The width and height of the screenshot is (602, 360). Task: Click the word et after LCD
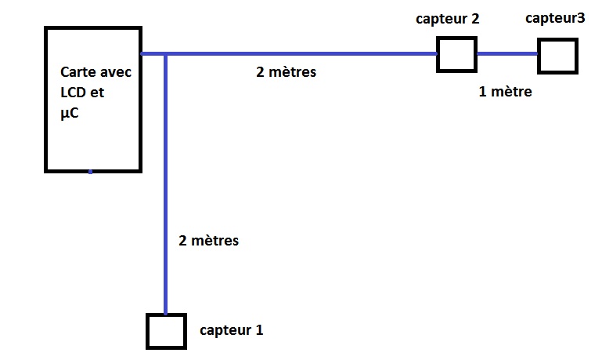pyautogui.click(x=98, y=92)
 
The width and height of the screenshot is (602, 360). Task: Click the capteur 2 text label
pyautogui.click(x=447, y=19)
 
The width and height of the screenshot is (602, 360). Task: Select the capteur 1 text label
pyautogui.click(x=231, y=330)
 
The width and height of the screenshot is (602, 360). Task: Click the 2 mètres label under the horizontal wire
pyautogui.click(x=286, y=72)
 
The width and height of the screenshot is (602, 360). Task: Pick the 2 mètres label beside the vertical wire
pyautogui.click(x=208, y=241)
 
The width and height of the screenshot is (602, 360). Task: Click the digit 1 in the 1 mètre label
pyautogui.click(x=482, y=92)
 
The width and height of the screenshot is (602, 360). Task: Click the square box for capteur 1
pyautogui.click(x=166, y=331)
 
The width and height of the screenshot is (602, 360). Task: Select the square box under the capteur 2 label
pyautogui.click(x=456, y=54)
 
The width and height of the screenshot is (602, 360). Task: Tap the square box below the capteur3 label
pyautogui.click(x=557, y=55)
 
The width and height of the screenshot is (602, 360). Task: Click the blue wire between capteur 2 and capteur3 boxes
pyautogui.click(x=507, y=54)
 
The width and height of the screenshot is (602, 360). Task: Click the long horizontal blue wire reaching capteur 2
pyautogui.click(x=313, y=54)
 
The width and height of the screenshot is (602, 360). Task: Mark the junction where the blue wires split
pyautogui.click(x=166, y=54)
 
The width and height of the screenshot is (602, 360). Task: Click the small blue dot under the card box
pyautogui.click(x=90, y=172)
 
